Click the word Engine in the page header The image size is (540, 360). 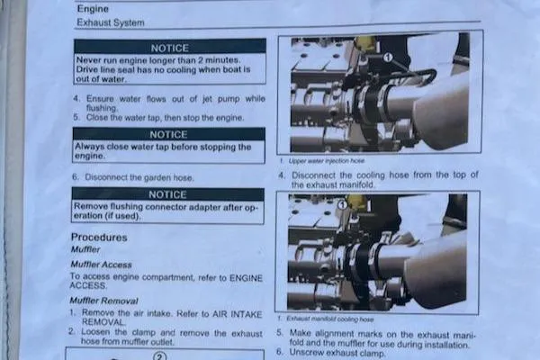93,9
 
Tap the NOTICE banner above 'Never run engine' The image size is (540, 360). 169,46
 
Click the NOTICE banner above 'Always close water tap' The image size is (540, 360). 168,133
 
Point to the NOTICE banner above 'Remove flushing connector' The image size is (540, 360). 168,193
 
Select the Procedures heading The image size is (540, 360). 99,238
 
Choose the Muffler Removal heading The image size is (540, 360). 104,301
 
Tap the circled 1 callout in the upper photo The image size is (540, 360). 388,57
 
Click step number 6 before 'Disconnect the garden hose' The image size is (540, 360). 75,178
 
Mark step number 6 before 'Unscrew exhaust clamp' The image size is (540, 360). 281,352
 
